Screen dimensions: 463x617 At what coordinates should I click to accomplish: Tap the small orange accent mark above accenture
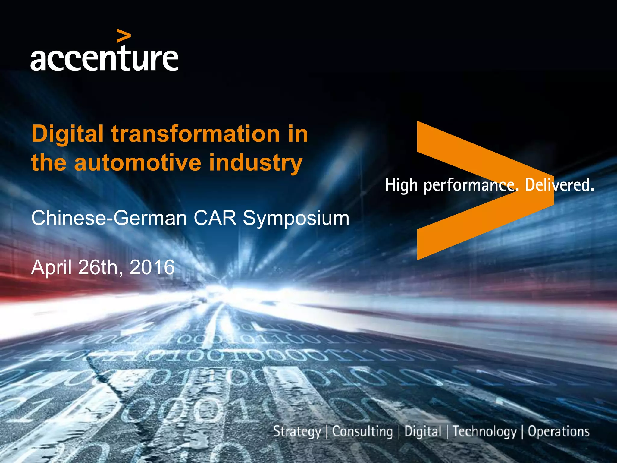[x=124, y=36]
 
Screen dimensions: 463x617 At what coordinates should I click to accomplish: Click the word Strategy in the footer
[x=297, y=432]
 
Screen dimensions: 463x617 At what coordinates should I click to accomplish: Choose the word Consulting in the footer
[x=362, y=432]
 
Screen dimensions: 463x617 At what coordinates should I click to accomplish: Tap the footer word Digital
[x=423, y=432]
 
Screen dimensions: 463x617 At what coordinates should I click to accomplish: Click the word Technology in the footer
[x=484, y=432]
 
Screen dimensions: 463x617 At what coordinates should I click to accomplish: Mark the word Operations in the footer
[x=559, y=432]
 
